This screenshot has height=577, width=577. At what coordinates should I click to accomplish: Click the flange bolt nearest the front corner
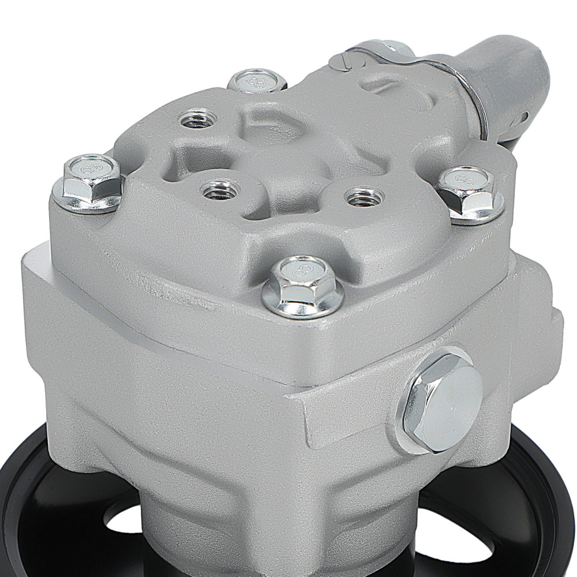coord(302,287)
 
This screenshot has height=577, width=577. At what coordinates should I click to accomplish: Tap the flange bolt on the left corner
coord(88,182)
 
